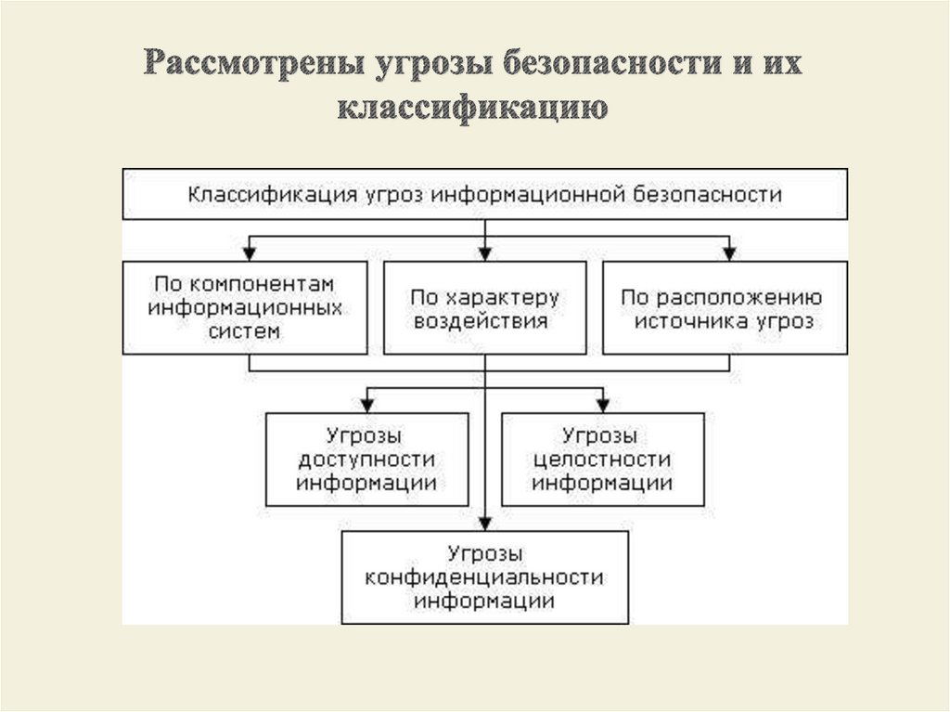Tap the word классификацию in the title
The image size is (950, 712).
tap(473, 108)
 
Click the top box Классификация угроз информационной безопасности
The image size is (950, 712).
tap(484, 194)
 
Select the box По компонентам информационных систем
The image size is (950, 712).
tap(244, 306)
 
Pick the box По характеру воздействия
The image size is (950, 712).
tap(484, 308)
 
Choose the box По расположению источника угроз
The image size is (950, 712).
tap(724, 308)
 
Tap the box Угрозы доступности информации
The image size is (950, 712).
tap(366, 460)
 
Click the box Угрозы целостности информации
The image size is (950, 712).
tap(602, 460)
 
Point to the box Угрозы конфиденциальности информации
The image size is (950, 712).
tap(484, 577)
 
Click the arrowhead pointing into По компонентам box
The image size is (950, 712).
tap(248, 252)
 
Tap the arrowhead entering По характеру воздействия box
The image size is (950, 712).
tap(485, 252)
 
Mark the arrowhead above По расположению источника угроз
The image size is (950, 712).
tap(729, 252)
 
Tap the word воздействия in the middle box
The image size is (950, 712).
tap(484, 321)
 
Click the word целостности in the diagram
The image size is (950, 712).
tap(602, 460)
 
